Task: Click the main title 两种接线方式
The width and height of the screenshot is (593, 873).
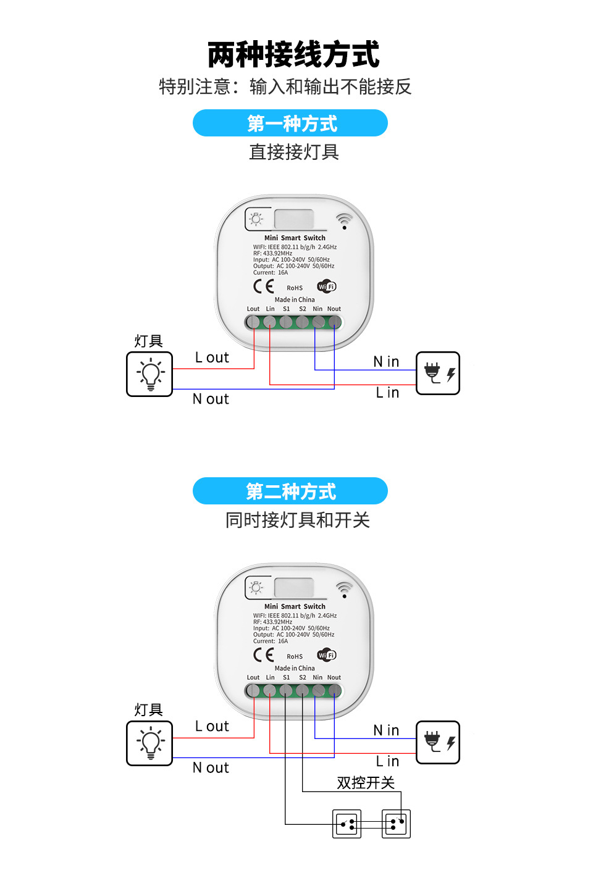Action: pyautogui.click(x=293, y=54)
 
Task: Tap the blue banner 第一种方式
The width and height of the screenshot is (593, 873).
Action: pyautogui.click(x=290, y=123)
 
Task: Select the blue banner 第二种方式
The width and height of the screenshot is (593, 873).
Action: pyautogui.click(x=290, y=491)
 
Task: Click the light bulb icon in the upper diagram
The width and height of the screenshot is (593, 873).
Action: pyautogui.click(x=149, y=374)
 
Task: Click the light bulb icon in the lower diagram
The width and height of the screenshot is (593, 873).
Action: pyautogui.click(x=149, y=743)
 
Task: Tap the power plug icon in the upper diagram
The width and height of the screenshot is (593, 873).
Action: pyautogui.click(x=438, y=373)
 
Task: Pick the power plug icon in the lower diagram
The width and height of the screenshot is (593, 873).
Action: pyautogui.click(x=438, y=741)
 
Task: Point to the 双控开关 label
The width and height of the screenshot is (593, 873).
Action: pyautogui.click(x=366, y=783)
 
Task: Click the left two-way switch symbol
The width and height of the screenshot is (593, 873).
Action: pyautogui.click(x=347, y=824)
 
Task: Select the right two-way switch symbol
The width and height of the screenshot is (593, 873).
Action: pyautogui.click(x=396, y=824)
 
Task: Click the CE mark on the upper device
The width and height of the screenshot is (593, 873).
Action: pyautogui.click(x=264, y=286)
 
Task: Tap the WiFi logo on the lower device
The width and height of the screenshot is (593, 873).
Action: pyautogui.click(x=326, y=655)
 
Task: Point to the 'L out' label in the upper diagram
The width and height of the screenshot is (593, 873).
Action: pyautogui.click(x=212, y=357)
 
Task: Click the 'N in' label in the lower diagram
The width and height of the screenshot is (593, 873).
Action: pyautogui.click(x=386, y=730)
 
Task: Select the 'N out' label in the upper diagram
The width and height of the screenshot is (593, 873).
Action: pyautogui.click(x=211, y=399)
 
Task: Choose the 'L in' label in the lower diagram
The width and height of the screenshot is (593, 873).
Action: pyautogui.click(x=387, y=761)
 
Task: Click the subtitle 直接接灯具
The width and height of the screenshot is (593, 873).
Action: pyautogui.click(x=294, y=152)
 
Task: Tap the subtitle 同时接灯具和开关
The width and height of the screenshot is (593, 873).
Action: pyautogui.click(x=297, y=520)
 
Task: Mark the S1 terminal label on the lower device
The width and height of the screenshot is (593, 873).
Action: pyautogui.click(x=287, y=677)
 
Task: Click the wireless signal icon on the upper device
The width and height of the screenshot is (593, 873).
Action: pyautogui.click(x=344, y=220)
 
